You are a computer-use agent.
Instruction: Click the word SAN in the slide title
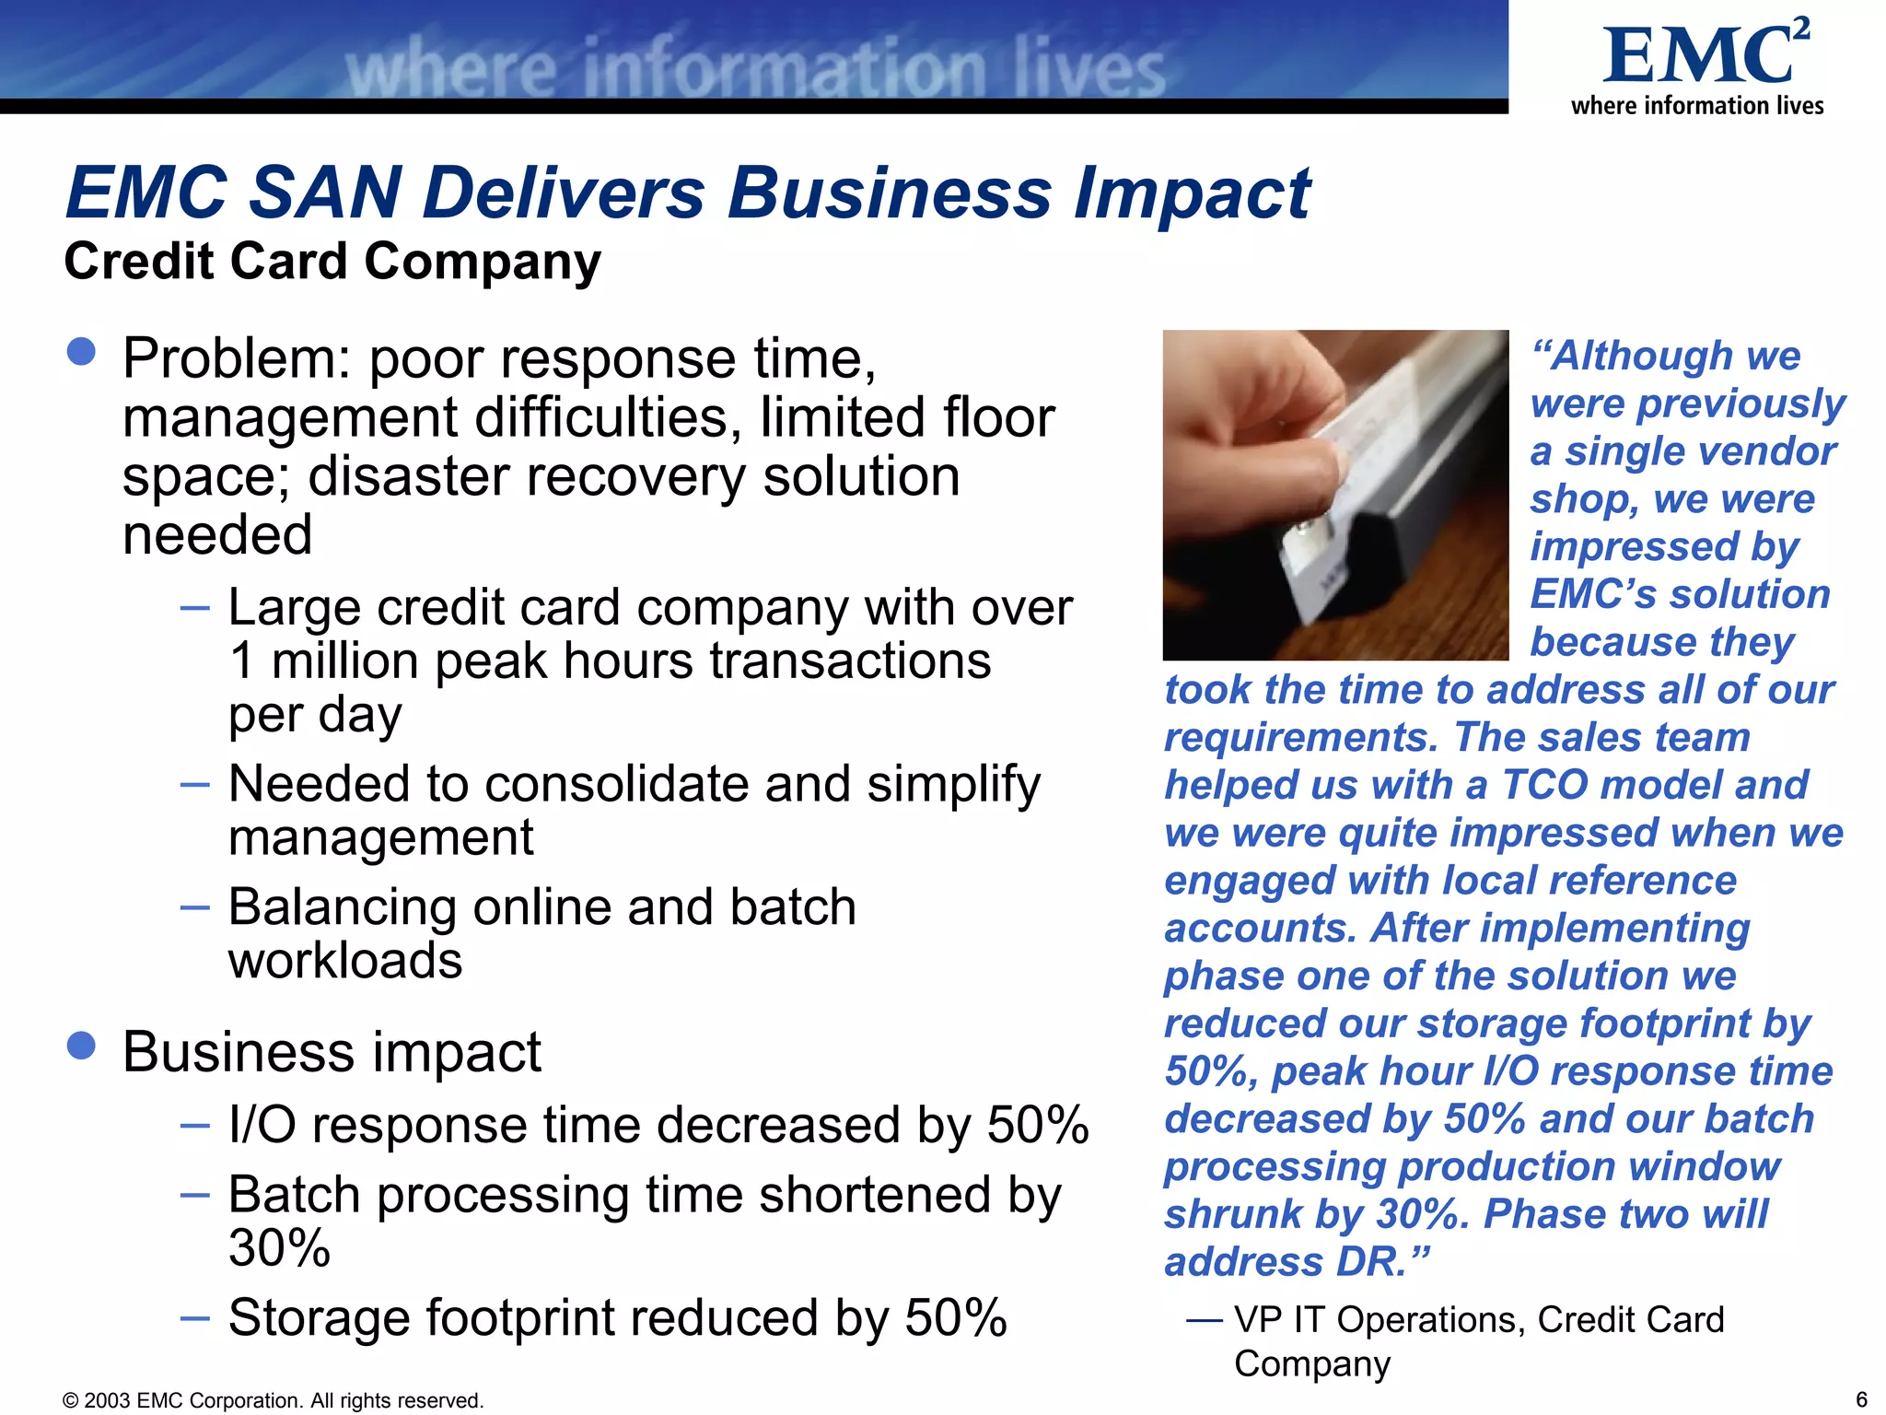click(x=324, y=193)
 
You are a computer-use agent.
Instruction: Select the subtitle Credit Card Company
click(x=332, y=262)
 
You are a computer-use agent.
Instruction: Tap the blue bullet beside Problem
click(x=82, y=352)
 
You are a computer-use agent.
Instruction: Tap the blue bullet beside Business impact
click(x=82, y=1046)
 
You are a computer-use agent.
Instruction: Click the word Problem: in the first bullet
click(x=237, y=359)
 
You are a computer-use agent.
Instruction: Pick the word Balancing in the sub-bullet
click(x=342, y=907)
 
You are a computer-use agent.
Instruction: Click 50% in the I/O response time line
click(x=1038, y=1126)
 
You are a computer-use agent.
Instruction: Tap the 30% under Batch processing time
click(x=279, y=1249)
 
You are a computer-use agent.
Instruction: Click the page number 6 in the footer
click(x=1861, y=1399)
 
